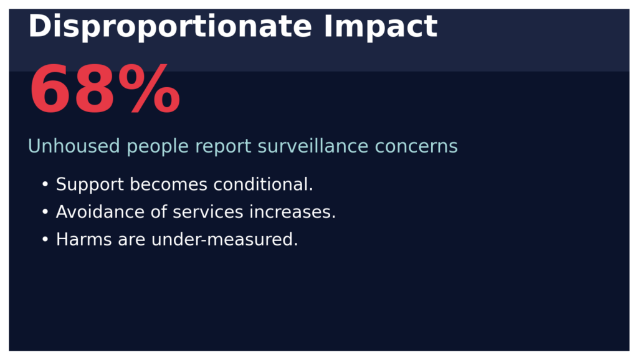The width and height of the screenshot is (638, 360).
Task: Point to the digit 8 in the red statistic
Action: coord(97,92)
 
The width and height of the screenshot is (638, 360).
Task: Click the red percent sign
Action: coord(151,92)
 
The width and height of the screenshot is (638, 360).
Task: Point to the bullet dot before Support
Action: coord(45,185)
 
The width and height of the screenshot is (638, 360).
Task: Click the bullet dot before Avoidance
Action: coord(45,212)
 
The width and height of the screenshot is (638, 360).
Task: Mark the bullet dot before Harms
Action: coord(45,240)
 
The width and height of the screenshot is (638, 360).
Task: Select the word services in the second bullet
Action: coord(208,212)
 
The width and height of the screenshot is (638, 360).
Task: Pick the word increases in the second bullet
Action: coord(293,212)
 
